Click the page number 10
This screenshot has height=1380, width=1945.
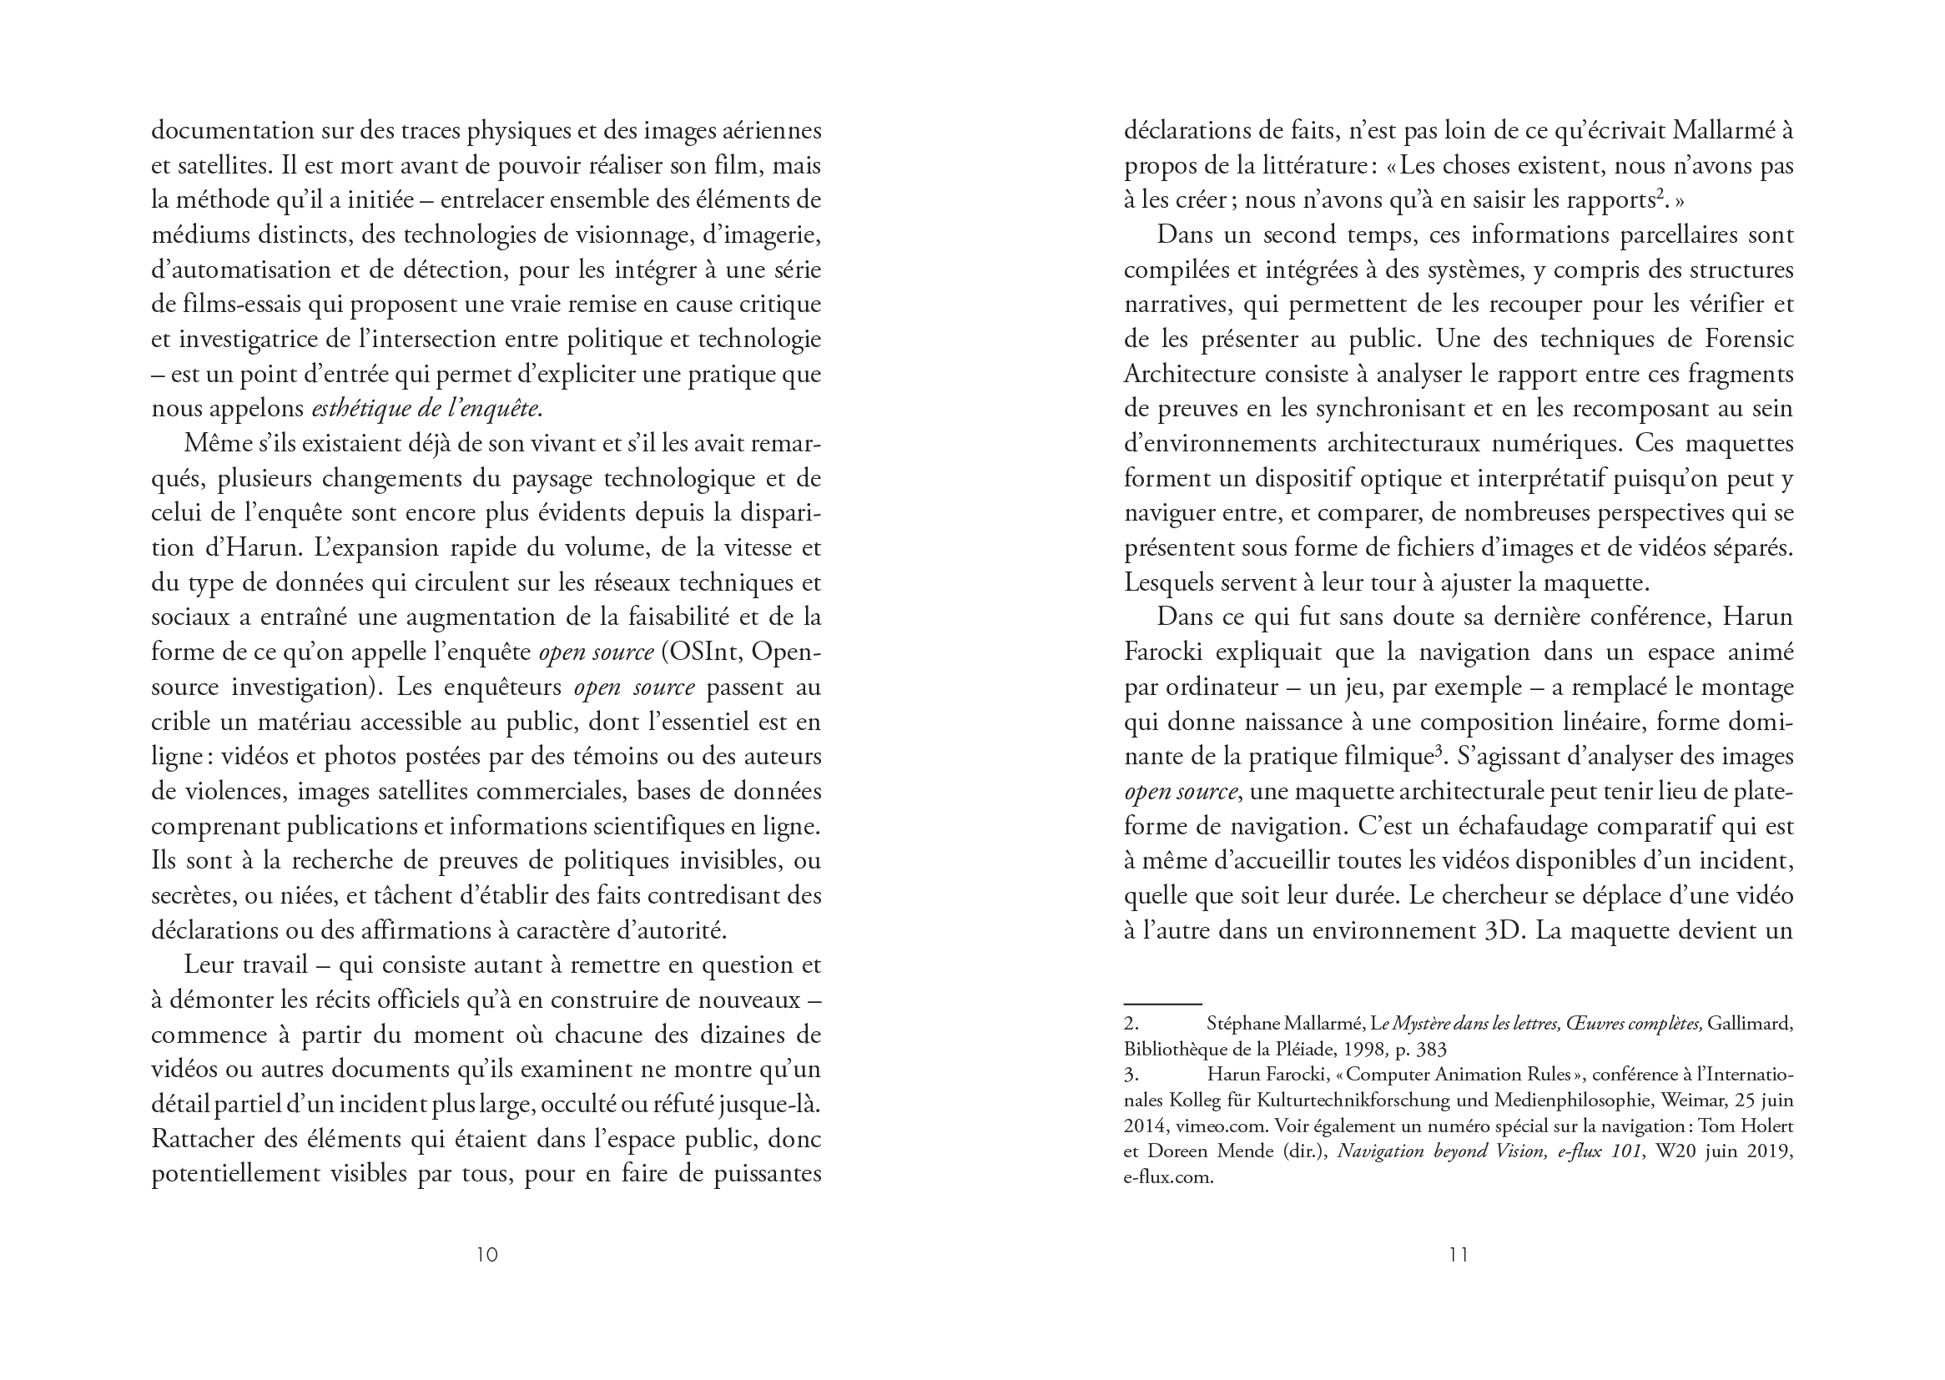pyautogui.click(x=487, y=1254)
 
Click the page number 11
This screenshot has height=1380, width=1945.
pyautogui.click(x=1458, y=1254)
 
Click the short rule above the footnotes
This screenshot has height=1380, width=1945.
pyautogui.click(x=1162, y=1004)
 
